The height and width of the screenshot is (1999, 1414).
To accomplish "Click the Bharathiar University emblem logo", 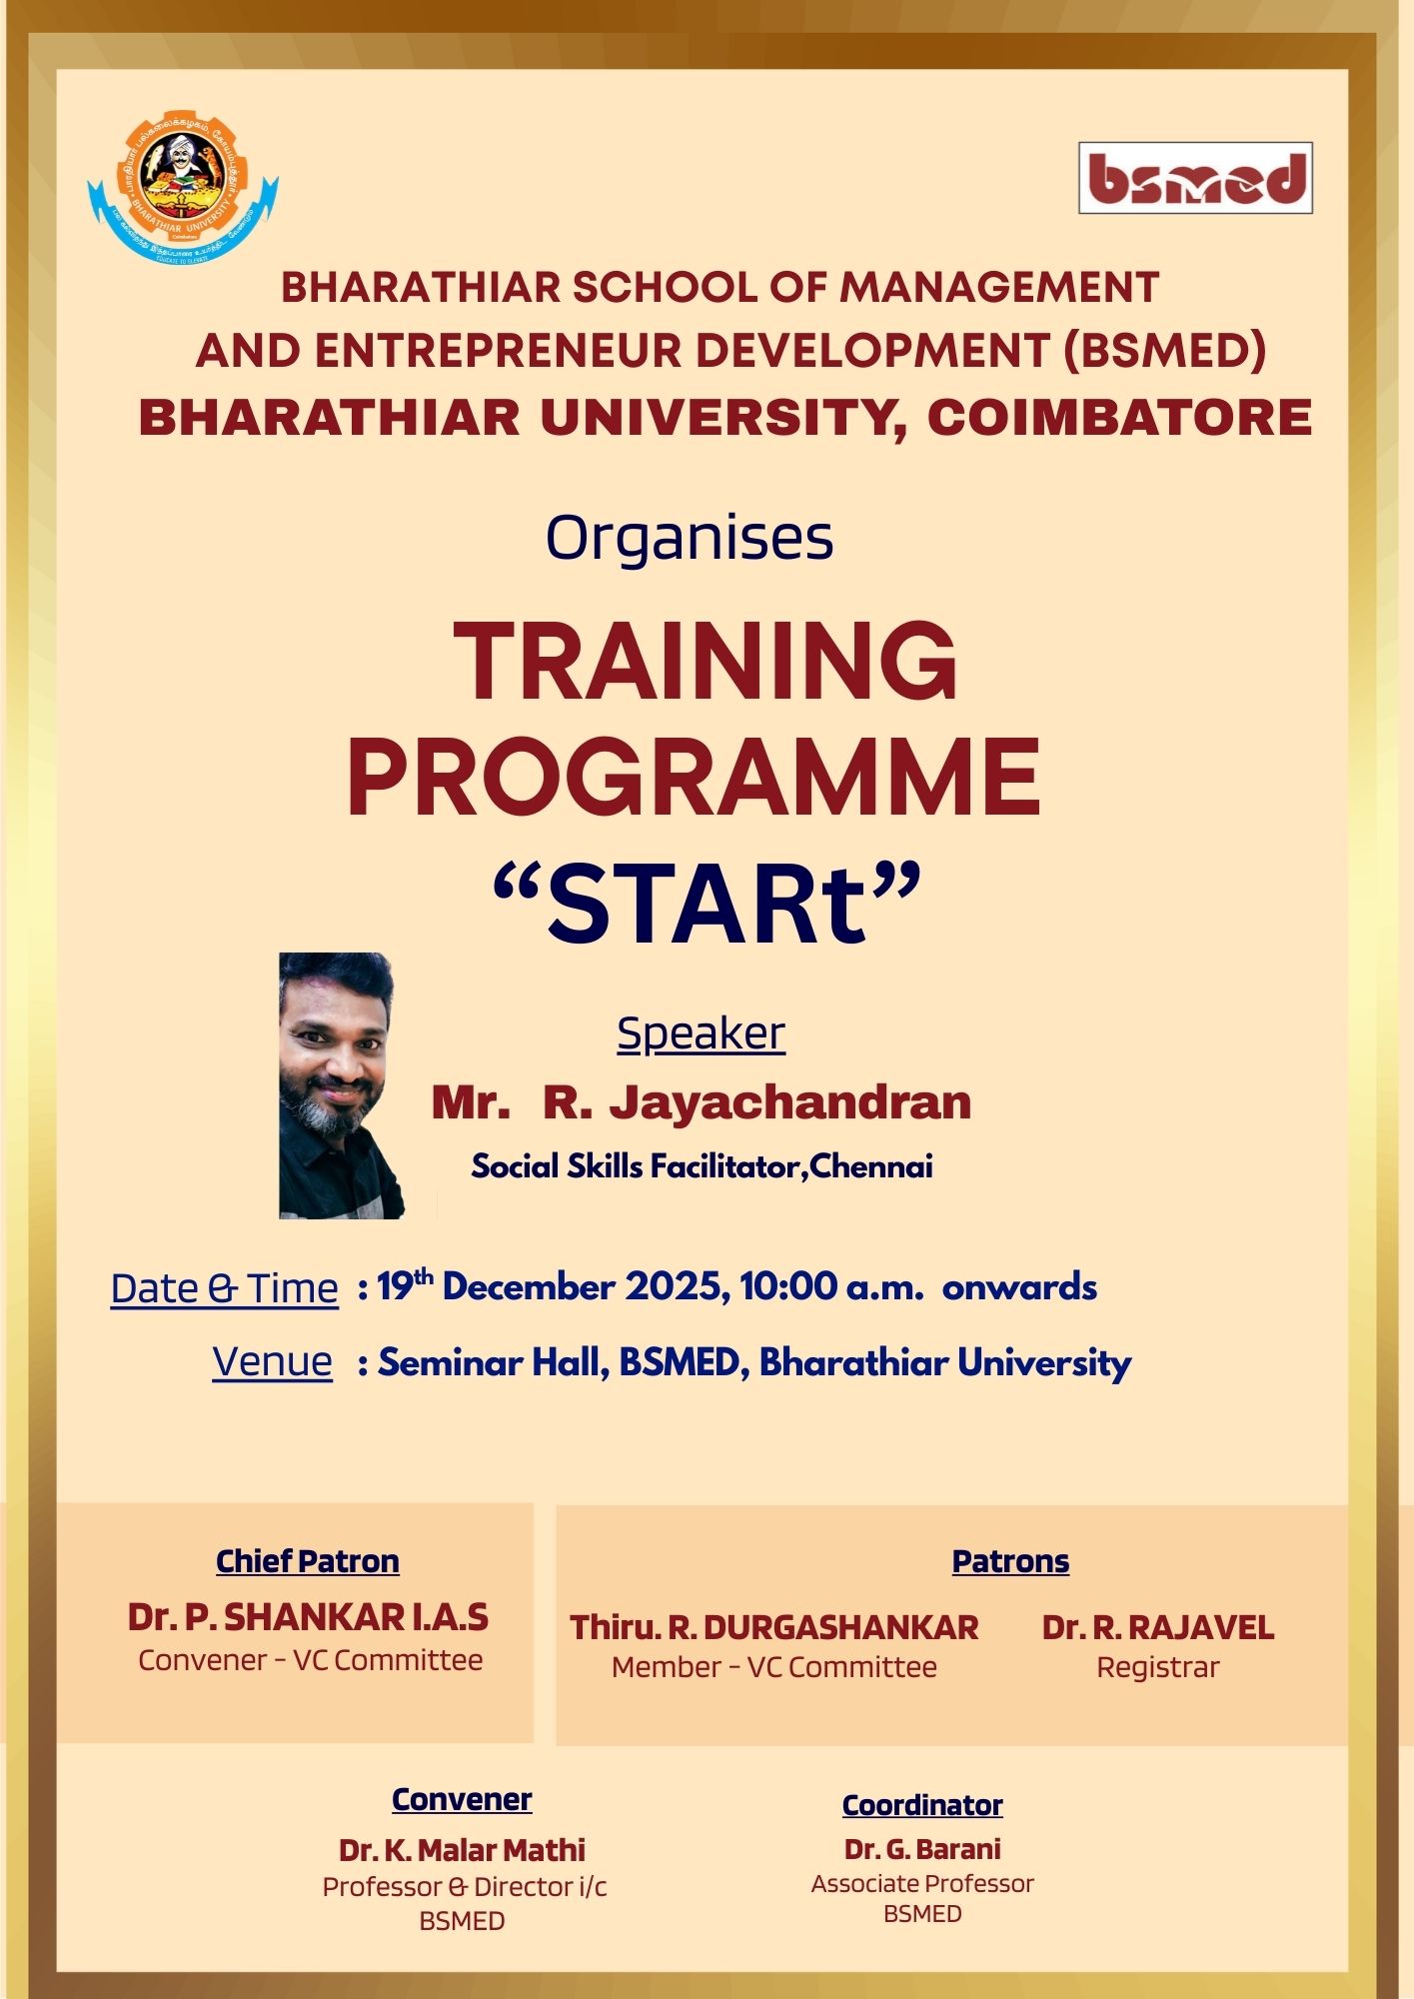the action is [183, 187].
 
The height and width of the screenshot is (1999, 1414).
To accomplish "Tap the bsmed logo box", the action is [1195, 178].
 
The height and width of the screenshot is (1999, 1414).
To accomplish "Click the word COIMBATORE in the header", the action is [1119, 418].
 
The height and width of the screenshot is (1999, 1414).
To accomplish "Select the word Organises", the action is [690, 539].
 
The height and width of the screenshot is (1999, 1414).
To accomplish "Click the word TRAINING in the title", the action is [706, 662].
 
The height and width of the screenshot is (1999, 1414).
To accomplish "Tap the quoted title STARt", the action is [707, 904].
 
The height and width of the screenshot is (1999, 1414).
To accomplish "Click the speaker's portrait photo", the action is [341, 1085].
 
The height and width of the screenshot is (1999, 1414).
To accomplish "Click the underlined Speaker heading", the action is [701, 1033].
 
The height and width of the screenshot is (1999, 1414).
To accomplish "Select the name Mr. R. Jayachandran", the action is [702, 1102].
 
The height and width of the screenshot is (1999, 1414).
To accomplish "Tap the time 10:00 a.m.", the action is [831, 1286].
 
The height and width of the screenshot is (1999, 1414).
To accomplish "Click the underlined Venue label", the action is [272, 1362].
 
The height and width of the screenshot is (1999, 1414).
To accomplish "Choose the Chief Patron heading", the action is [308, 1561].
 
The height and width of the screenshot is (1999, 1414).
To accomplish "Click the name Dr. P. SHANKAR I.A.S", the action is [308, 1617].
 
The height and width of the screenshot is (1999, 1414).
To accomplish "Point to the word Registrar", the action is [1158, 1668].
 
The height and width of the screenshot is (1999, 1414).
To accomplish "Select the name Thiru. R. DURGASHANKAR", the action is [774, 1627].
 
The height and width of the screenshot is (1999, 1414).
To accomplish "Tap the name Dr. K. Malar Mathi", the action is [462, 1850].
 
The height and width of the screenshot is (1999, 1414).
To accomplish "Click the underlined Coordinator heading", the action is [922, 1805].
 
